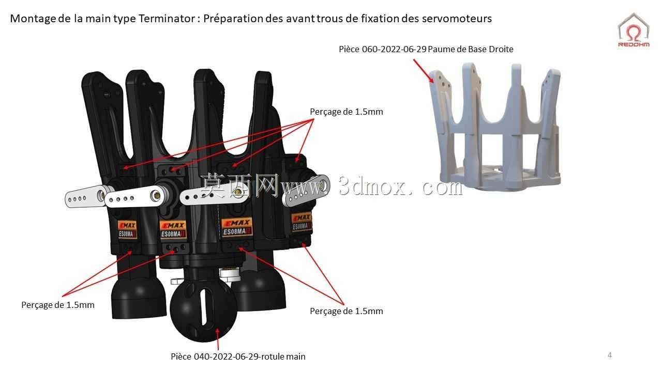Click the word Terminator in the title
167,19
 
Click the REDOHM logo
634,30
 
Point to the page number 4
609,355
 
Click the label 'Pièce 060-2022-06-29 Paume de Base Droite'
426,49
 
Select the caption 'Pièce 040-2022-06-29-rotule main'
238,357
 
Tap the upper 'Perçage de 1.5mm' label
347,112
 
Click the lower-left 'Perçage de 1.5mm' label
58,305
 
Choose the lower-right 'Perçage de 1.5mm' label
347,311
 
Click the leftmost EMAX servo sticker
127,229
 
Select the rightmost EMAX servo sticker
302,222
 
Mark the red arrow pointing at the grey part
424,71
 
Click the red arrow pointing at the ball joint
218,339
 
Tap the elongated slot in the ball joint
204,307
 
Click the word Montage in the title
33,19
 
